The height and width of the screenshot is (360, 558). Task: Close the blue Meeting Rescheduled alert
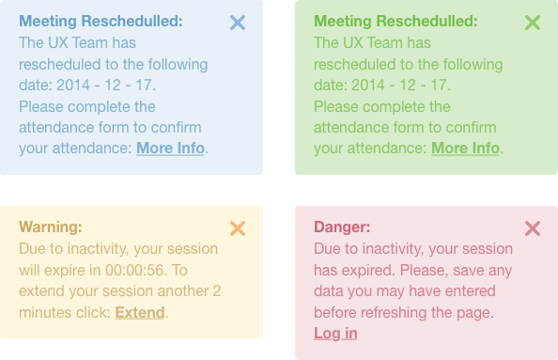click(x=238, y=23)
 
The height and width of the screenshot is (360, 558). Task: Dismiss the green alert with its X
click(x=533, y=23)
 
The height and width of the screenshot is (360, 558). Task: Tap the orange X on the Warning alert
click(x=238, y=228)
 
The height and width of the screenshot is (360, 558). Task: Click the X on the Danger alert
click(x=533, y=228)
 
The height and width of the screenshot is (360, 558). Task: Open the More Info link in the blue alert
click(x=170, y=148)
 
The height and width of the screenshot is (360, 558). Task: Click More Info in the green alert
click(x=465, y=148)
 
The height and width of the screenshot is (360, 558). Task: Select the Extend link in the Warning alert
click(x=140, y=312)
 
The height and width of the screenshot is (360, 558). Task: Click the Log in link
click(x=335, y=333)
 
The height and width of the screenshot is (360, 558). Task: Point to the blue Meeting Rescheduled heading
click(x=101, y=21)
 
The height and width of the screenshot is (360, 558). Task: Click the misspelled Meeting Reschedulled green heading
click(x=395, y=21)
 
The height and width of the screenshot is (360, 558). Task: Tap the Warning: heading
click(x=51, y=227)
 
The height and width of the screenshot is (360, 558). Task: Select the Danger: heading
click(x=342, y=227)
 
